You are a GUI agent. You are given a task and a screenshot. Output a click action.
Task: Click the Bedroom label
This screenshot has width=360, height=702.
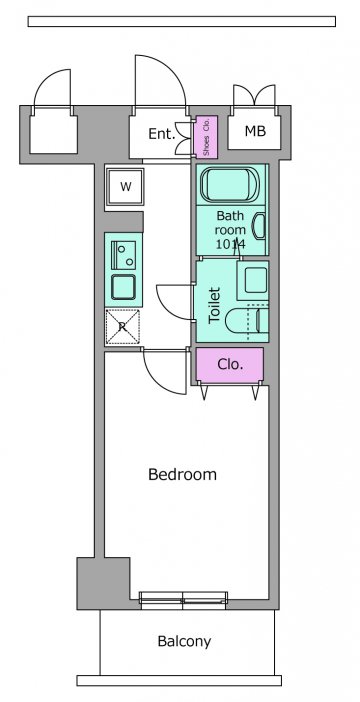point(182,474)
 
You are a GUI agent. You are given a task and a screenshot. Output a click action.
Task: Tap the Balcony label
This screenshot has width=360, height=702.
point(184,642)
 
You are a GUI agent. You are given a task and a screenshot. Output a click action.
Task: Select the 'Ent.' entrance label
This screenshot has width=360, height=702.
point(162,134)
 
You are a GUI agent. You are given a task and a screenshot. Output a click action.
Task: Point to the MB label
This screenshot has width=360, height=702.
point(255,131)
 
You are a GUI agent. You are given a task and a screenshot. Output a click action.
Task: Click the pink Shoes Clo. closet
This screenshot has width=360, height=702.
point(206,137)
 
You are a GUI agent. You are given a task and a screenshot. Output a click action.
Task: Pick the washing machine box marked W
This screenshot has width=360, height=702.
point(125,187)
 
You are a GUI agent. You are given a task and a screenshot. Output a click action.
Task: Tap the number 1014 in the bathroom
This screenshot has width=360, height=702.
point(231,244)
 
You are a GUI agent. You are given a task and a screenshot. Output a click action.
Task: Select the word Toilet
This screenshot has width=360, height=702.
point(215,305)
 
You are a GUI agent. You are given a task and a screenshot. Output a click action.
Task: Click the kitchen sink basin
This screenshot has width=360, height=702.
point(123,287)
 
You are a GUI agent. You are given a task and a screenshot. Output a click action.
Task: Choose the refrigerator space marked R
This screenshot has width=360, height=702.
point(122,327)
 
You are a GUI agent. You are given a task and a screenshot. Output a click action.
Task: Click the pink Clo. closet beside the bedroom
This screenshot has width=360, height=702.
point(230,365)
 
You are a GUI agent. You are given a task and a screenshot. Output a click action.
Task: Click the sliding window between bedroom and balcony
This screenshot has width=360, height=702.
point(183,600)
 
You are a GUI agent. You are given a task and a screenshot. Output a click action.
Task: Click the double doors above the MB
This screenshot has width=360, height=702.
point(254,95)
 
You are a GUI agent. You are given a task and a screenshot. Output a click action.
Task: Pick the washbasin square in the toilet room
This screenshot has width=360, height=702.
point(253,280)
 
